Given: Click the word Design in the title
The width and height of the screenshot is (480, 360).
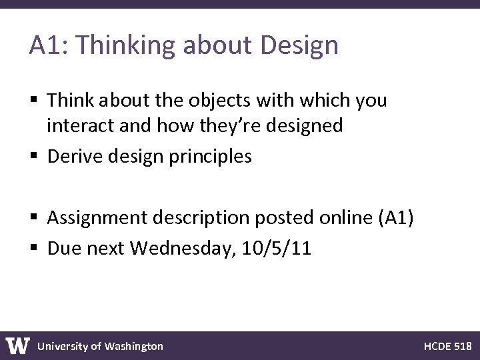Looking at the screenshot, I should [x=300, y=46].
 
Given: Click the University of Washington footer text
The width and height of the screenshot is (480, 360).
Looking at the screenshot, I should [x=100, y=346].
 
